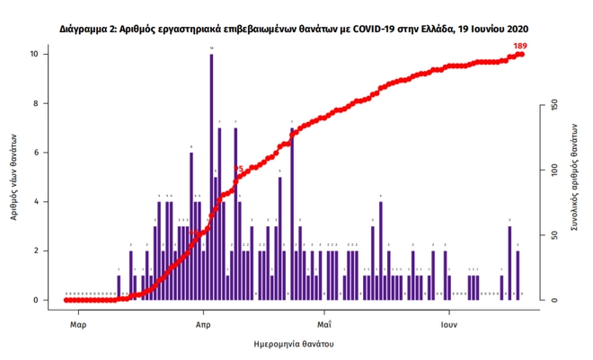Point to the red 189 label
pyautogui.click(x=520, y=45)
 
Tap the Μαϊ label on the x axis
pyautogui.click(x=324, y=321)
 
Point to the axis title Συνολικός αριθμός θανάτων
pyautogui.click(x=570, y=176)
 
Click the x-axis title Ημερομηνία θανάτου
pyautogui.click(x=293, y=344)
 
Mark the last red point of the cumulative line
pyautogui.click(x=521, y=55)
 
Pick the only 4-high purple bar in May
pyautogui.click(x=381, y=250)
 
